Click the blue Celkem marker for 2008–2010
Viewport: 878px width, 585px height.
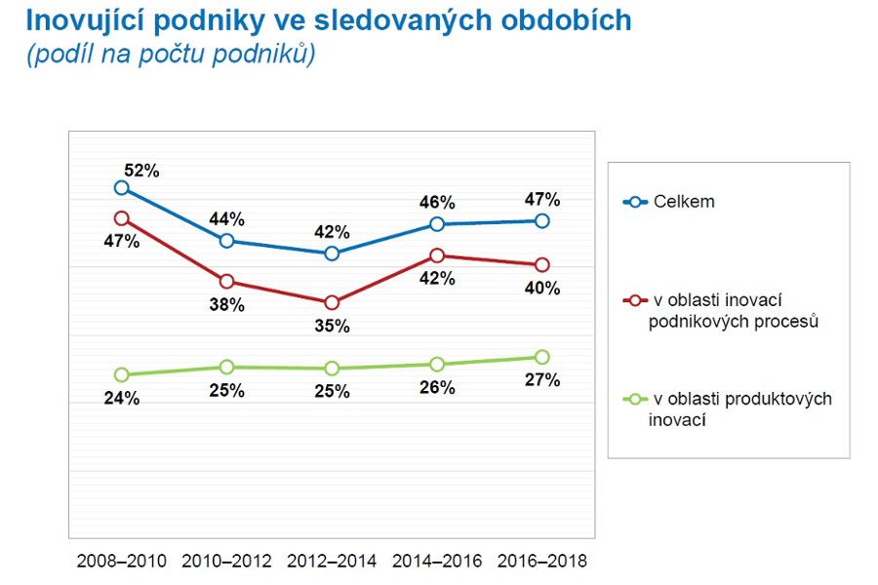[121, 188]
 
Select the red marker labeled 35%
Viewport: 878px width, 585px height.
[332, 302]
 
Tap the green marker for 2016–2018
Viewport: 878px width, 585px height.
[542, 357]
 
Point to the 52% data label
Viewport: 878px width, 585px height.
[141, 170]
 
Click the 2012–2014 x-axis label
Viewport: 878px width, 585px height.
[332, 562]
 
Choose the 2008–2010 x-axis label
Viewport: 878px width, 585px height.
[121, 562]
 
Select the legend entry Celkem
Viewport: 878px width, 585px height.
[683, 202]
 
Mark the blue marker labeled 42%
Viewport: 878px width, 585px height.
[332, 253]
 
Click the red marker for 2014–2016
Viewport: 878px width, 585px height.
[437, 255]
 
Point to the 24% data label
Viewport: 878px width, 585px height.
[122, 398]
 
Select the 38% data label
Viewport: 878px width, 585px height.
[227, 304]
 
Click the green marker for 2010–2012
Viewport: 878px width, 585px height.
[226, 367]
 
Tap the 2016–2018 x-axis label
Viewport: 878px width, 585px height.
[542, 562]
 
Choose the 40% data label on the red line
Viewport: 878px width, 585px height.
[542, 288]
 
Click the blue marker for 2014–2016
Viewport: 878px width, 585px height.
[437, 224]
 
